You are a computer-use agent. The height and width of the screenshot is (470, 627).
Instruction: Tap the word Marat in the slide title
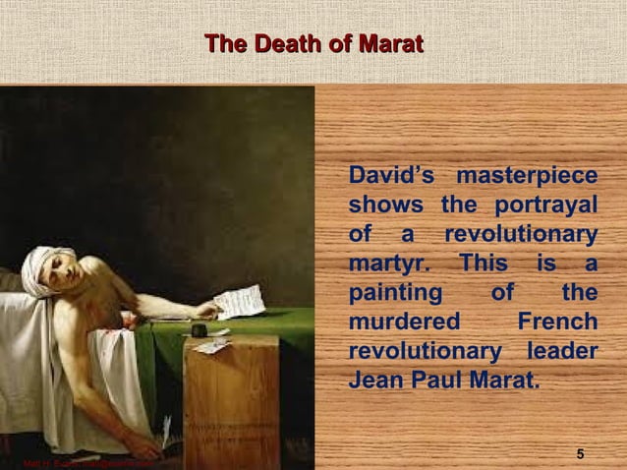(389, 44)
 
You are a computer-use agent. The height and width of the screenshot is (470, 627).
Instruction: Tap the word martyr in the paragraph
(383, 264)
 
